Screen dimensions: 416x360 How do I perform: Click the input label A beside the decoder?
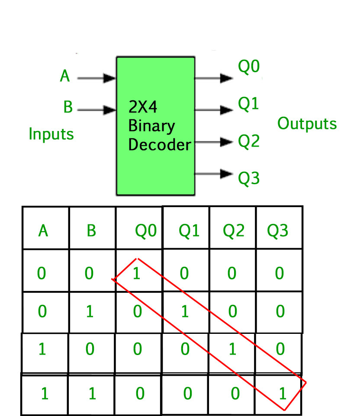65,77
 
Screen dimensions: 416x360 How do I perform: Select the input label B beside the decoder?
67,107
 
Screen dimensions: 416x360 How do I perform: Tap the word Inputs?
51,134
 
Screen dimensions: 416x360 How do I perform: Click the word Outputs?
307,124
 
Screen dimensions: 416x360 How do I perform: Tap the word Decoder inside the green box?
160,144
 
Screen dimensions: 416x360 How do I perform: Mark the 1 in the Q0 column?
137,274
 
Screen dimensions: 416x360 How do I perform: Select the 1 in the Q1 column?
185,311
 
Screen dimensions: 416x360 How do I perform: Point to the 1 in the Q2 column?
232,349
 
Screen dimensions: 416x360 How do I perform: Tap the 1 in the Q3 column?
282,394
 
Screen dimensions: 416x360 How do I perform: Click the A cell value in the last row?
44,394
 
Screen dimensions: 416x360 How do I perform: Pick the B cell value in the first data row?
89,274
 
